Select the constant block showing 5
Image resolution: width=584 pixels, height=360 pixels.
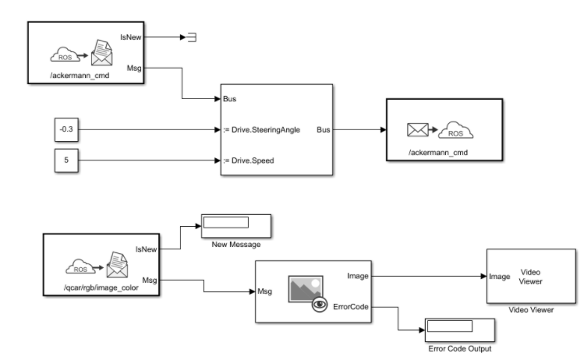coord(66,161)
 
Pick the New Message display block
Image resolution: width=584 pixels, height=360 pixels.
coord(235,224)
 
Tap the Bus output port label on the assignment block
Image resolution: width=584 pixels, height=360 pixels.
coord(322,130)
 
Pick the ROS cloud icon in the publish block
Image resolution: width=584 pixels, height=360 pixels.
coord(458,129)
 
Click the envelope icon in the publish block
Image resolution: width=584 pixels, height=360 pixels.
coord(419,129)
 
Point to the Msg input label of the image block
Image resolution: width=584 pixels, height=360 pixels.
coord(264,291)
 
